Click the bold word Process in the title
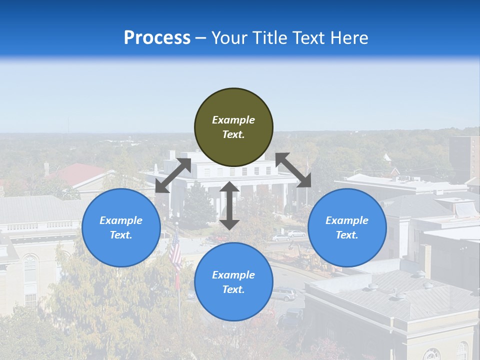pos(157,38)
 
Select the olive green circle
pos(233,127)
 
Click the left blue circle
pos(121,227)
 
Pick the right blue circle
pos(347,227)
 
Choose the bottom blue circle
pos(233,281)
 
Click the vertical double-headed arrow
pos(229,205)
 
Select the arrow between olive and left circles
pos(173,175)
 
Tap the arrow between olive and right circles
pos(293,170)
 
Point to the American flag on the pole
pos(175,252)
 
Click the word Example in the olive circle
pos(233,120)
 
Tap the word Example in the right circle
pos(347,220)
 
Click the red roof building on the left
pos(82,174)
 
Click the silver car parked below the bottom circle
pos(284,294)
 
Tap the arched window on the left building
pos(30,270)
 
